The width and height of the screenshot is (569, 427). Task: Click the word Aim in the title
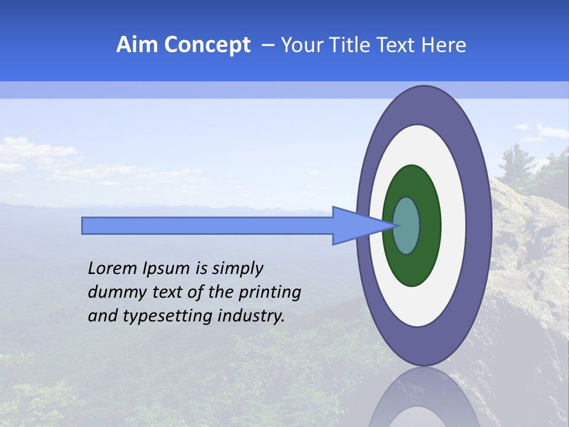138,45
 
